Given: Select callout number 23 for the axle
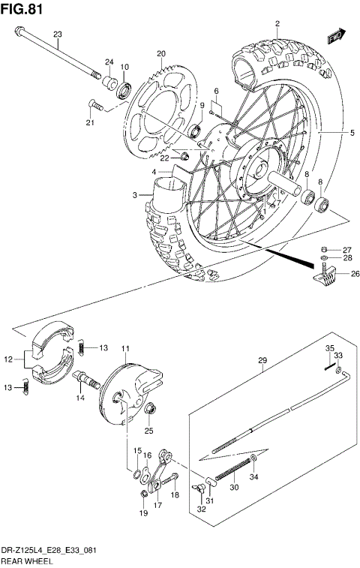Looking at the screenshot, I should [57, 34].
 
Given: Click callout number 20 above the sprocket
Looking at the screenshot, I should [160, 53].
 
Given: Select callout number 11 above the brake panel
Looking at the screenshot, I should [125, 348].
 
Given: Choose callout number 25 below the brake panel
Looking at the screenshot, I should [148, 431].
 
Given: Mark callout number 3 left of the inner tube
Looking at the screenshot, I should [136, 195].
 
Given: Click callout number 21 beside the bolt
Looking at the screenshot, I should [91, 122].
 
